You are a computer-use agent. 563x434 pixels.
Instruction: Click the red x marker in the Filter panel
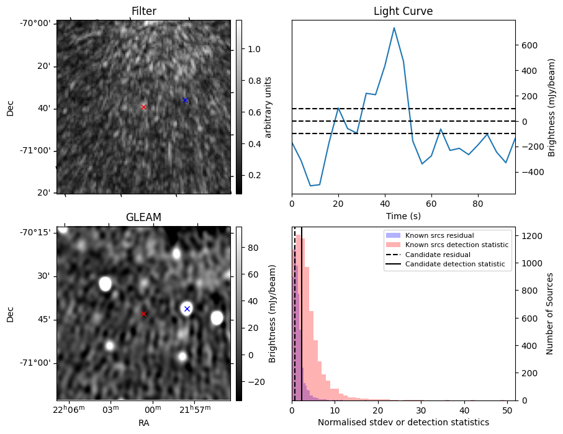pos(144,107)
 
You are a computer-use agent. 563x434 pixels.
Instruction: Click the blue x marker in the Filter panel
pos(185,100)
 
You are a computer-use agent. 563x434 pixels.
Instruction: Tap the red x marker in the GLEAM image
pos(144,314)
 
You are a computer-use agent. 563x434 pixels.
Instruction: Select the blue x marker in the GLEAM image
pos(187,309)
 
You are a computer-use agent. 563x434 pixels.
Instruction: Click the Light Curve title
pos(403,11)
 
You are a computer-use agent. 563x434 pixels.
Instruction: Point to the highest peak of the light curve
pos(394,28)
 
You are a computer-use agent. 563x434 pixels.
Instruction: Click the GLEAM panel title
pos(143,217)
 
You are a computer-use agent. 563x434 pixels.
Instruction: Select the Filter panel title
pos(143,11)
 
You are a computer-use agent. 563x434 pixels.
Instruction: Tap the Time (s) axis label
pos(403,215)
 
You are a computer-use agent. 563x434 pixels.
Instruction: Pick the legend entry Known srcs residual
pos(439,235)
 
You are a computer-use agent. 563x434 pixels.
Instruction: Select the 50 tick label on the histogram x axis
pos(507,410)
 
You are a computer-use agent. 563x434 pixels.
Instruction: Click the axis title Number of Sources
pos(550,314)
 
